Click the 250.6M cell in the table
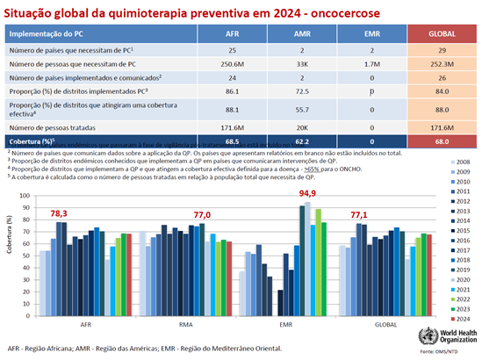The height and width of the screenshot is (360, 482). click(x=232, y=64)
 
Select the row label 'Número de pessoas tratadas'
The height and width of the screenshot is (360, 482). click(x=52, y=127)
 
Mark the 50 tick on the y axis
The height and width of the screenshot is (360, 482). click(x=28, y=248)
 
